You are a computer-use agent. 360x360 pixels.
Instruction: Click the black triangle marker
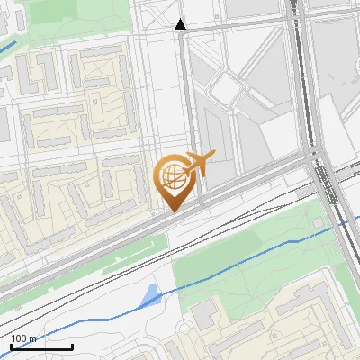pyautogui.click(x=181, y=24)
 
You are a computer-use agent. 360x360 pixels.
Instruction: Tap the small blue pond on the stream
pyautogui.click(x=150, y=294)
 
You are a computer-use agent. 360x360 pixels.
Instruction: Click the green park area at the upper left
pyautogui.click(x=63, y=22)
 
